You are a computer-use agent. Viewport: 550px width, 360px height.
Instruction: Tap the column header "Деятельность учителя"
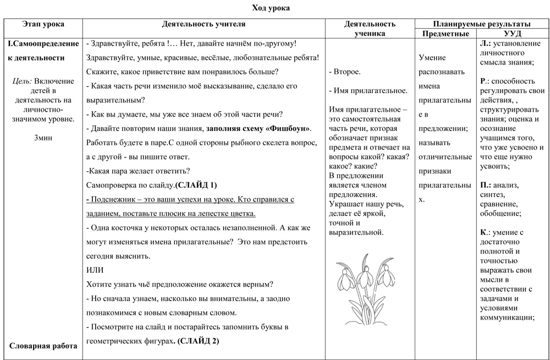click(x=204, y=24)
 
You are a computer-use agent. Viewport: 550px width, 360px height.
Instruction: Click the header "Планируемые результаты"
click(x=481, y=24)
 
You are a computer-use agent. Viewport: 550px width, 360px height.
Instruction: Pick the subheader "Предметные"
click(x=444, y=34)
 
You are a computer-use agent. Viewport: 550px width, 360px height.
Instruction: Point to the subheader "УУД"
click(x=513, y=34)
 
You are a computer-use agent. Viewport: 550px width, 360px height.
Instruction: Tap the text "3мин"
click(x=43, y=138)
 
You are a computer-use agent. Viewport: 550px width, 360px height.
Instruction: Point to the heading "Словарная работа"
click(x=43, y=346)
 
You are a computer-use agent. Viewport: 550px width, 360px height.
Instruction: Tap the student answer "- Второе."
click(x=344, y=72)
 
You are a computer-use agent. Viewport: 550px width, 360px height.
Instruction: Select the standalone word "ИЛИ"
click(x=95, y=270)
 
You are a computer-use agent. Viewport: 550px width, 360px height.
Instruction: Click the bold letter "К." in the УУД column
click(x=483, y=232)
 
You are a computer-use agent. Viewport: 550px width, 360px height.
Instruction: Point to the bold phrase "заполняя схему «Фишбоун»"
click(x=258, y=128)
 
